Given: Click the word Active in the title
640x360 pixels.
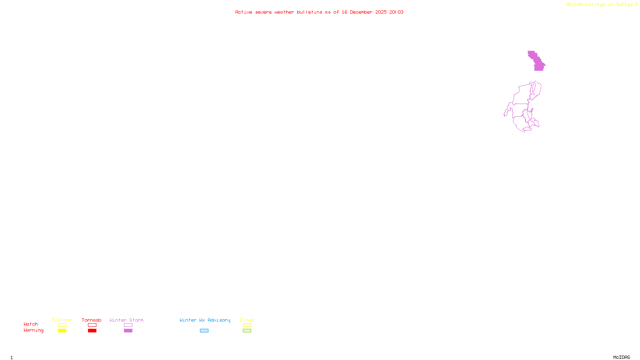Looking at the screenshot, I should [x=244, y=12].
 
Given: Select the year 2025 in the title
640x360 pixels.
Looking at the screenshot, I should [x=381, y=12].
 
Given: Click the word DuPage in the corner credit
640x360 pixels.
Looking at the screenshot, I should [x=624, y=5].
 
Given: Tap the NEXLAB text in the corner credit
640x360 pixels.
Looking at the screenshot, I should [x=574, y=5].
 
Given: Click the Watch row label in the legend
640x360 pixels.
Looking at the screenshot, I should [x=31, y=324].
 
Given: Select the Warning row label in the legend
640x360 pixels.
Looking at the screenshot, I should [x=33, y=330].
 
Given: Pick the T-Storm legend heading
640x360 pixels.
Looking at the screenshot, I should [x=62, y=320].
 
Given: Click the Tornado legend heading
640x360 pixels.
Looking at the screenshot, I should [x=92, y=320].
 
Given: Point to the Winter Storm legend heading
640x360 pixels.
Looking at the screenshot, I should [x=126, y=320].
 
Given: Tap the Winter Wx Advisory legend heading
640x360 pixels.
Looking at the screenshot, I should [x=205, y=320].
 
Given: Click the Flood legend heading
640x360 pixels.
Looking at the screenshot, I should [x=247, y=320].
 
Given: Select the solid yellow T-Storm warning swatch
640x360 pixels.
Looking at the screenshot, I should [x=62, y=331].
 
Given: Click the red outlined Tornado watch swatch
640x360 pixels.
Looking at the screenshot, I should [x=92, y=325].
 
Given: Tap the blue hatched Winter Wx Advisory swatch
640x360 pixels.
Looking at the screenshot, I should [x=204, y=331].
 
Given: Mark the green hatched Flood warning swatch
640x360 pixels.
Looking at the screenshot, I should [x=247, y=331].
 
